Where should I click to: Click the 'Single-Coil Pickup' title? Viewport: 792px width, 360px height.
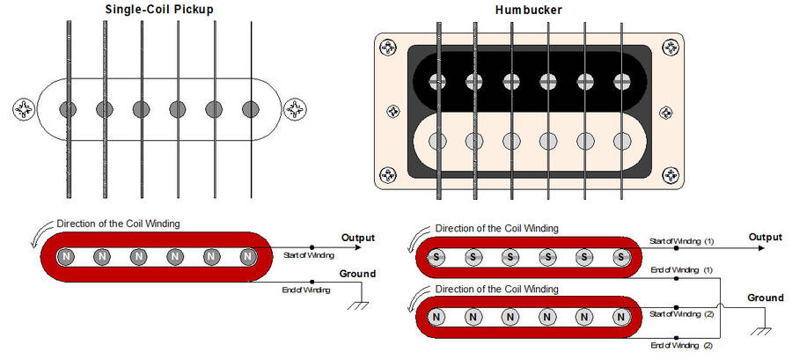159,10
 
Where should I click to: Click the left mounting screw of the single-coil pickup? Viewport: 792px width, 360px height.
22,109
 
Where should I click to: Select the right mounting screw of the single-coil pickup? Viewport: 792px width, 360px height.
294,109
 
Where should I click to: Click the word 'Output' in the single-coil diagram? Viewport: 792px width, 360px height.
357,238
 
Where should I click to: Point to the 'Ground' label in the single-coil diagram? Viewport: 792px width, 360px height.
357,274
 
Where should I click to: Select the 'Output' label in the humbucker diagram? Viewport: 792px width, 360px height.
765,237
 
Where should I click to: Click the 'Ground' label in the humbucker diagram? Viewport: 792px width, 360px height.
765,298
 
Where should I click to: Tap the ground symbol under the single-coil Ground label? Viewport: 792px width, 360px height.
358,305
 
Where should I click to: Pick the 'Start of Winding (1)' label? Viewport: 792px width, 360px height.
682,240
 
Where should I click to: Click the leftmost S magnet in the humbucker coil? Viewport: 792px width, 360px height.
434,257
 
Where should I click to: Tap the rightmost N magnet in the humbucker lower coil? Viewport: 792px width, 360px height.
620,316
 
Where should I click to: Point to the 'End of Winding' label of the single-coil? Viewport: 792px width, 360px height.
307,290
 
